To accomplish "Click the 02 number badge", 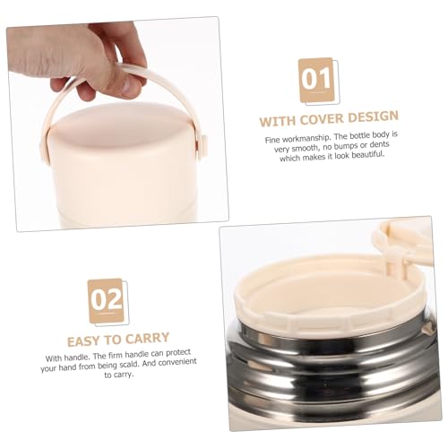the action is tap(107, 301).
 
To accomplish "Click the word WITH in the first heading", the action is tap(278, 121).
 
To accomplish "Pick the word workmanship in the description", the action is tap(303, 139).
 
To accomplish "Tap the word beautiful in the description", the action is tap(368, 155).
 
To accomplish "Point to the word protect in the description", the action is tap(178, 353).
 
